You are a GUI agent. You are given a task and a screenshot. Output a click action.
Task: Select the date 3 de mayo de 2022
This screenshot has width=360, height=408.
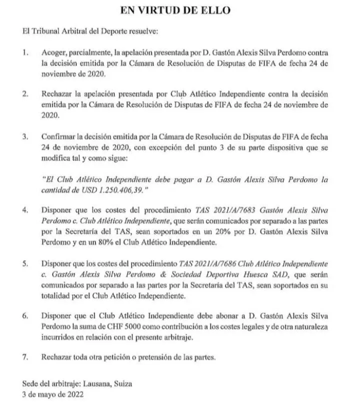[53, 393]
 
